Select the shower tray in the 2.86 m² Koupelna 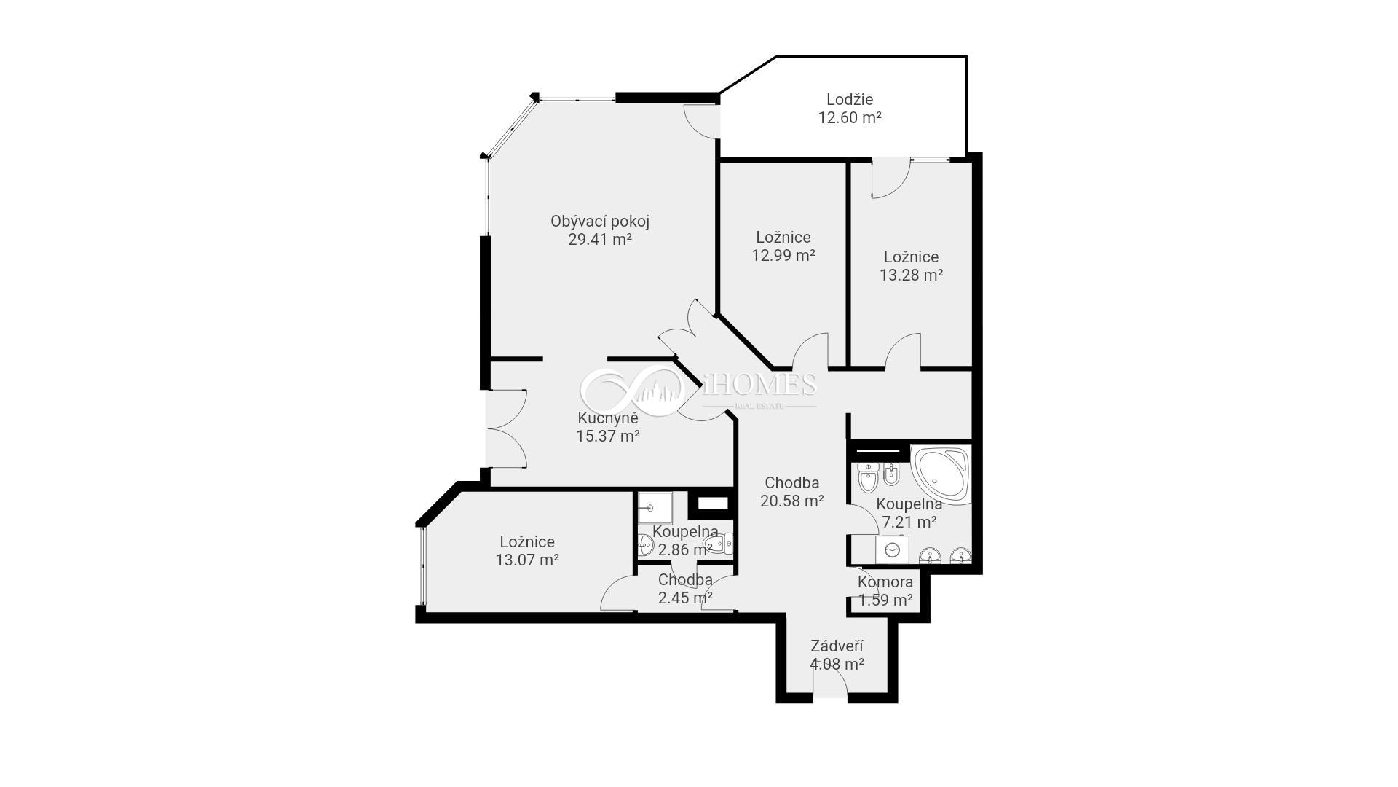click(655, 508)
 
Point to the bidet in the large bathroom click(890, 476)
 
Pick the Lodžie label click(850, 99)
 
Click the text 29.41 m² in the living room click(599, 239)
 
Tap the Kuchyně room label click(608, 418)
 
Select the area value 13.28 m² click(911, 275)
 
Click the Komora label click(885, 582)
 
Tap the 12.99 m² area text click(783, 255)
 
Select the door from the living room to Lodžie click(703, 121)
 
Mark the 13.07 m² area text click(527, 560)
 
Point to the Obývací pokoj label click(600, 222)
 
